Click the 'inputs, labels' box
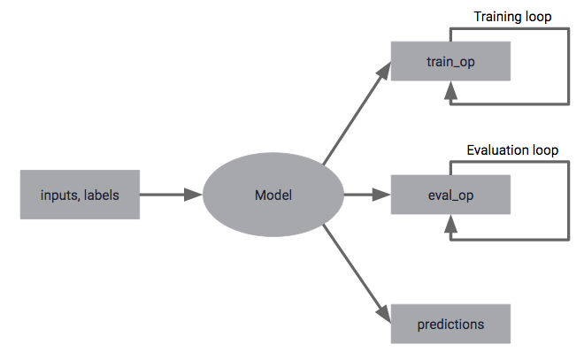[x=80, y=195]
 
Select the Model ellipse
[x=273, y=195]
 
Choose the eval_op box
[x=450, y=195]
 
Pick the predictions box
[x=450, y=324]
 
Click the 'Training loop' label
[x=512, y=17]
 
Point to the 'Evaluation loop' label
[x=512, y=150]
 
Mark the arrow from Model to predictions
[x=354, y=271]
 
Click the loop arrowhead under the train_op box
[x=451, y=89]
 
